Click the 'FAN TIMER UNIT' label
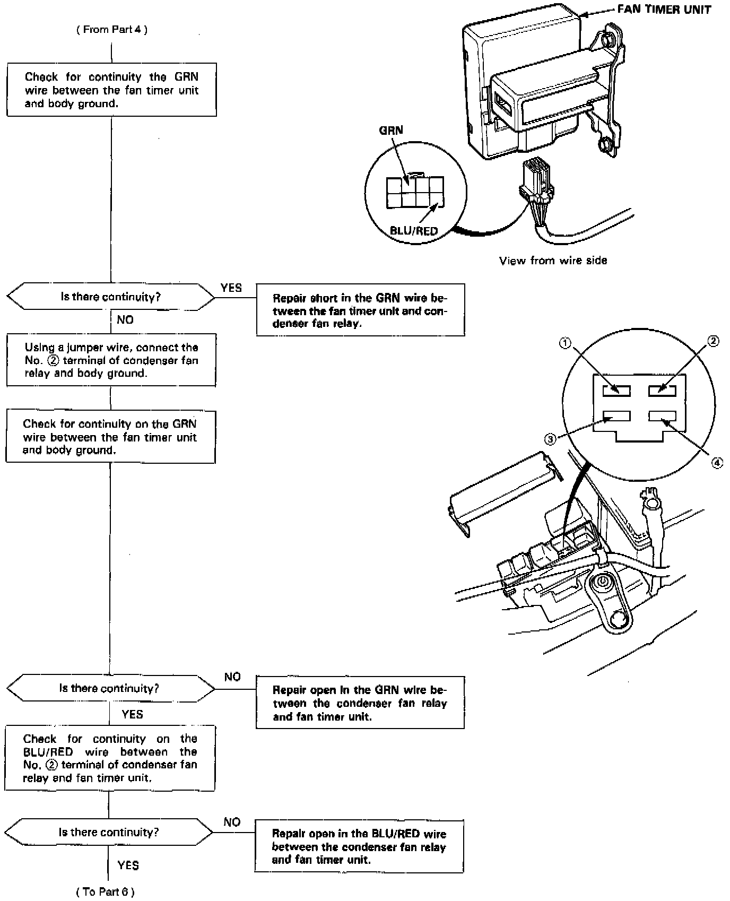[x=664, y=10]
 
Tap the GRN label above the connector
[x=391, y=131]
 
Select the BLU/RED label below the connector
[x=414, y=231]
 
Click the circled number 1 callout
[x=566, y=343]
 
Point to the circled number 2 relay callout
[x=714, y=341]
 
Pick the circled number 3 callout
[x=550, y=439]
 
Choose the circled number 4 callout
[x=717, y=463]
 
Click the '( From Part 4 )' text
[x=111, y=30]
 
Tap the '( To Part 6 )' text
[x=106, y=892]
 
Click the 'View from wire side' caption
[x=553, y=261]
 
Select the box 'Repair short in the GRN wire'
[x=360, y=310]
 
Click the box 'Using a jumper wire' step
[x=111, y=360]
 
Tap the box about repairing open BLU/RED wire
[x=359, y=846]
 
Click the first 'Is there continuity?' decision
[x=110, y=297]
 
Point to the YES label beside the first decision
[x=231, y=288]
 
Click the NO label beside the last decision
[x=232, y=822]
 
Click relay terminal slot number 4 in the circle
[x=662, y=415]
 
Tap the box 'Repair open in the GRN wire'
[x=360, y=703]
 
